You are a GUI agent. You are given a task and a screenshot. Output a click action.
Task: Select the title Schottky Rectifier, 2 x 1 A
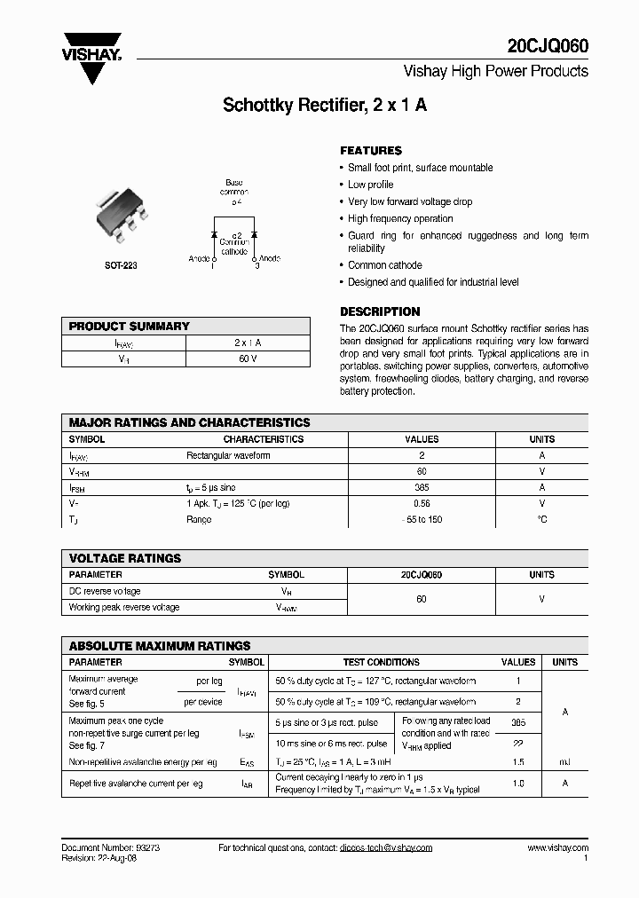(x=325, y=105)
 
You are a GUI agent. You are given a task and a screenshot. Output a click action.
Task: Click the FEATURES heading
(x=371, y=151)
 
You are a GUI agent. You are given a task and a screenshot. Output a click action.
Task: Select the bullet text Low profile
(x=370, y=185)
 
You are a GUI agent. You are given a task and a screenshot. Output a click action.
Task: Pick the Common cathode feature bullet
(x=384, y=265)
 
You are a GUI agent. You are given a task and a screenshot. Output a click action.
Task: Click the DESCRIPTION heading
(x=380, y=312)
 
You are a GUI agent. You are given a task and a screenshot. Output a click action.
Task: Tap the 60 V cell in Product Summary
(x=248, y=358)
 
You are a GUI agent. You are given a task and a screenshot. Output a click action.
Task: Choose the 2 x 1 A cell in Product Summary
(x=248, y=343)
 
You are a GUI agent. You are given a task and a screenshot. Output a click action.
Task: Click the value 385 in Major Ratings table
(x=422, y=487)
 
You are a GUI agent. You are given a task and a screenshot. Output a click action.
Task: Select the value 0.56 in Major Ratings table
(x=422, y=503)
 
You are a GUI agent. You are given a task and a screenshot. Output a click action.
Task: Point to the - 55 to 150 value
(x=422, y=519)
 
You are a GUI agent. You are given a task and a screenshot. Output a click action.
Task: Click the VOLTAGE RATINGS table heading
(x=125, y=558)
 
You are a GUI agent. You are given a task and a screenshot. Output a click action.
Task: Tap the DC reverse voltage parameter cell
(x=105, y=591)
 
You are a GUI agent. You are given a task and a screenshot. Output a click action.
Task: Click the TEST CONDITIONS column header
(x=381, y=662)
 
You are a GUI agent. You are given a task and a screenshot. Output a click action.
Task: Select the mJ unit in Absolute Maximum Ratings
(x=564, y=762)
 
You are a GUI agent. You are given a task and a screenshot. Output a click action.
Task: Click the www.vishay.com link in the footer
(x=557, y=847)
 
